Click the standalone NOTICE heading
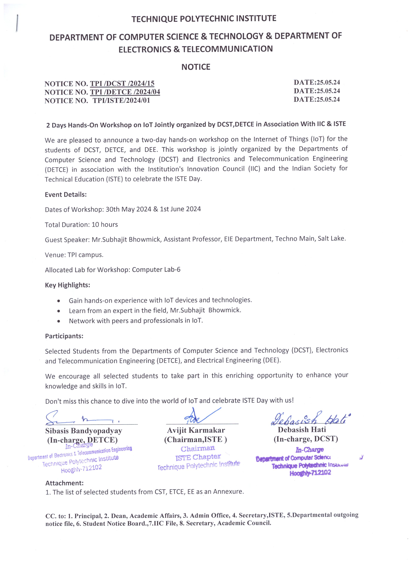(196, 67)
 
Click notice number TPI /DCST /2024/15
(122, 84)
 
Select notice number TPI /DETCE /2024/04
(125, 92)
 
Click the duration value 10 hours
(105, 225)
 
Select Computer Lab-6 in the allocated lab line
(156, 269)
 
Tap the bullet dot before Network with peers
(58, 321)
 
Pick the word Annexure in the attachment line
(228, 492)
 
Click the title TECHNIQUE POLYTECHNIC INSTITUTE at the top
(204, 19)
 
